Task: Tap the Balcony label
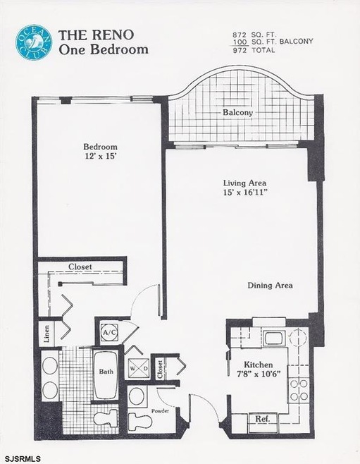click(238, 113)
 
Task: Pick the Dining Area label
click(270, 286)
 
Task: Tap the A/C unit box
click(109, 331)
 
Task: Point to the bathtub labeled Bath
click(106, 372)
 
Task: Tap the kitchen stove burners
click(299, 389)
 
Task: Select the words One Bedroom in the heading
click(104, 49)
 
